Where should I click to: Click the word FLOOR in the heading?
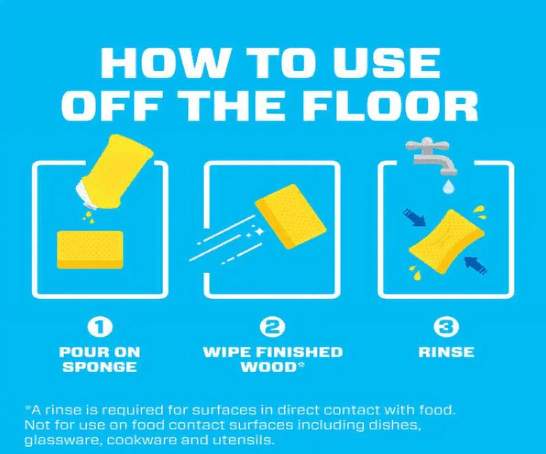click(x=392, y=105)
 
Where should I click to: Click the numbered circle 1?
click(x=100, y=327)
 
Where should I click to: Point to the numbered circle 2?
click(x=272, y=327)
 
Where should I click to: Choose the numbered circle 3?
click(x=446, y=327)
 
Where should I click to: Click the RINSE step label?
click(x=446, y=352)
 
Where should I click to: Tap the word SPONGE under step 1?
click(x=100, y=367)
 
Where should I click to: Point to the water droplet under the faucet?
click(x=448, y=186)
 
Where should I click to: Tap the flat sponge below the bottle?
click(x=90, y=250)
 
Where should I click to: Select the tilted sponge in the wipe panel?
click(x=291, y=217)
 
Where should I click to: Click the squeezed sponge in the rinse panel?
click(x=446, y=242)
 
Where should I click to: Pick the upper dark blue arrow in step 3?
click(x=414, y=218)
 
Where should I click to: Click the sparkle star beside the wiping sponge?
click(x=259, y=231)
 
